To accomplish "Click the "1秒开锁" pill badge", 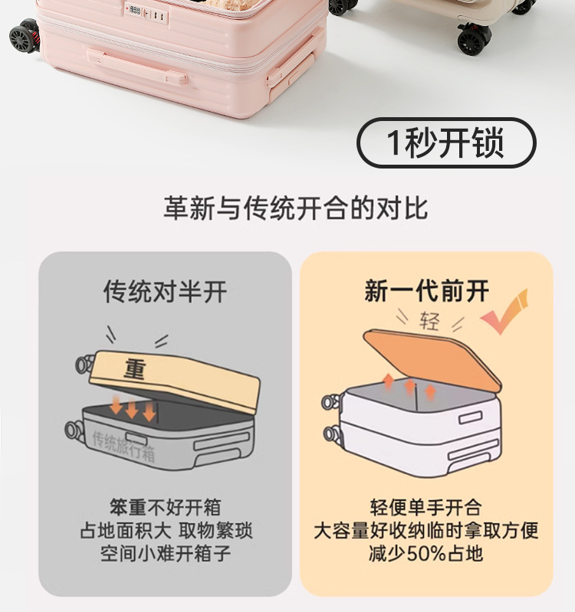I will point(446,143).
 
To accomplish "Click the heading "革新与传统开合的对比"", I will point(295,208).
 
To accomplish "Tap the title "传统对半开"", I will point(165,291).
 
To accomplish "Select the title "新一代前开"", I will point(426,291).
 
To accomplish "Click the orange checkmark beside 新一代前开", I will point(505,309).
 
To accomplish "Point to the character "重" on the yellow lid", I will point(135,370).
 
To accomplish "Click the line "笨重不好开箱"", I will point(165,507).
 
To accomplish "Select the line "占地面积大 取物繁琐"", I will point(166,530).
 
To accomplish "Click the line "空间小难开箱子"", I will point(165,553).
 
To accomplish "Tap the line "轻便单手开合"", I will point(426,507).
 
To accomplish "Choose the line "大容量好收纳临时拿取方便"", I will point(426,530).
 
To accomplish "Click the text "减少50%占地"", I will point(426,553).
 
